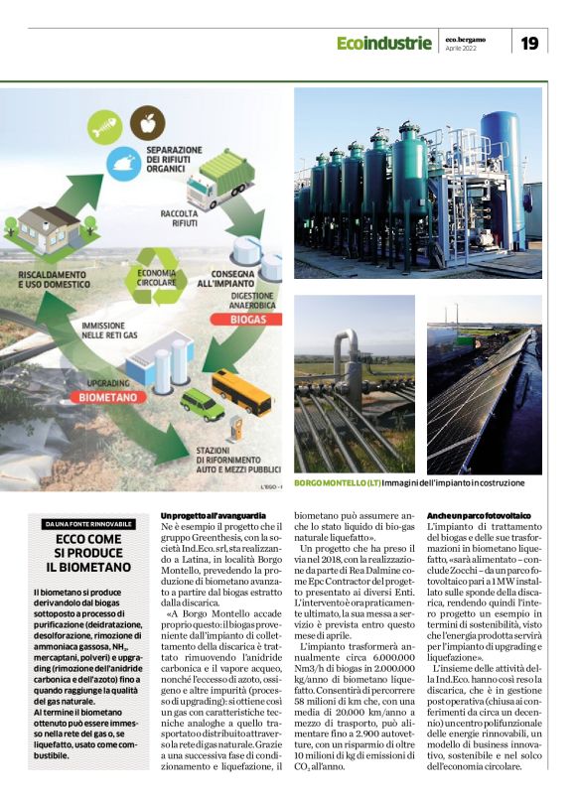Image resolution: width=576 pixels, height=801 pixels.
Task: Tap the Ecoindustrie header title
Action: point(383,43)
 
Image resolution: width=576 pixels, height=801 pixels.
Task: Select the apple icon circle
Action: point(148,123)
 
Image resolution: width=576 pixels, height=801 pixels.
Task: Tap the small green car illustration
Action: point(202,404)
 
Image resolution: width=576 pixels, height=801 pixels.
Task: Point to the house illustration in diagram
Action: point(49,229)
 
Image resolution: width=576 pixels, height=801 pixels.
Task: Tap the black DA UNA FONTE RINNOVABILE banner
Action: point(87,524)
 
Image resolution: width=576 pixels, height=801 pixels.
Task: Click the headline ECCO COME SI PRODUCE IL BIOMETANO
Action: point(87,554)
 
